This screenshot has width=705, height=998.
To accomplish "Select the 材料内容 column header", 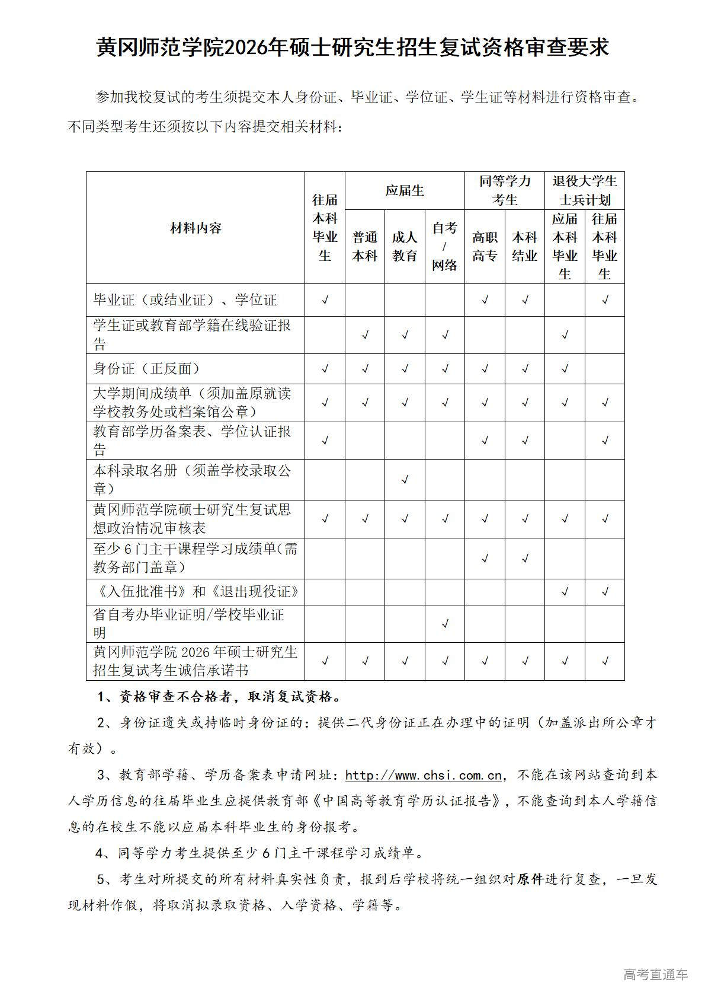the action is tap(196, 228).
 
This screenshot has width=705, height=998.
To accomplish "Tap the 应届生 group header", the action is tap(405, 190).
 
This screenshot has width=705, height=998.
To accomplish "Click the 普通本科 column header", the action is tap(365, 246).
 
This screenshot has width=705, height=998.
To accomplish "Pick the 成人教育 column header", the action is tap(405, 246).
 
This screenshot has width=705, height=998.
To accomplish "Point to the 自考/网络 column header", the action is tap(444, 246).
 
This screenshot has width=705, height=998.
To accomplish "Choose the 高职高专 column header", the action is tap(485, 246).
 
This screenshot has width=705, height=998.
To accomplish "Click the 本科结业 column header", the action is tap(524, 246).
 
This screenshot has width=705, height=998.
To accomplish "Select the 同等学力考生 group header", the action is tap(505, 190).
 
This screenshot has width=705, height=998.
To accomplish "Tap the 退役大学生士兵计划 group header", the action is tap(585, 190).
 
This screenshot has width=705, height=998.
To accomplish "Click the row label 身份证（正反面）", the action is tap(147, 368).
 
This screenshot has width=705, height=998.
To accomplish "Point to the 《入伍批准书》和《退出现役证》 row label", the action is tap(196, 591).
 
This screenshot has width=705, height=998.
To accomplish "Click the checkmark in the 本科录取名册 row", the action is tap(405, 479).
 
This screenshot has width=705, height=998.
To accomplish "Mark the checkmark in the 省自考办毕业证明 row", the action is tap(445, 624).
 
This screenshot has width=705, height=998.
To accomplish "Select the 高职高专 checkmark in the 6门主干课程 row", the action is tap(485, 558).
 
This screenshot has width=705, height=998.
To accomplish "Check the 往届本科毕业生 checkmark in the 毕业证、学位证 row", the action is tap(325, 300).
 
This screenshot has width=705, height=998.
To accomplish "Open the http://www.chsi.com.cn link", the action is tap(424, 775).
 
